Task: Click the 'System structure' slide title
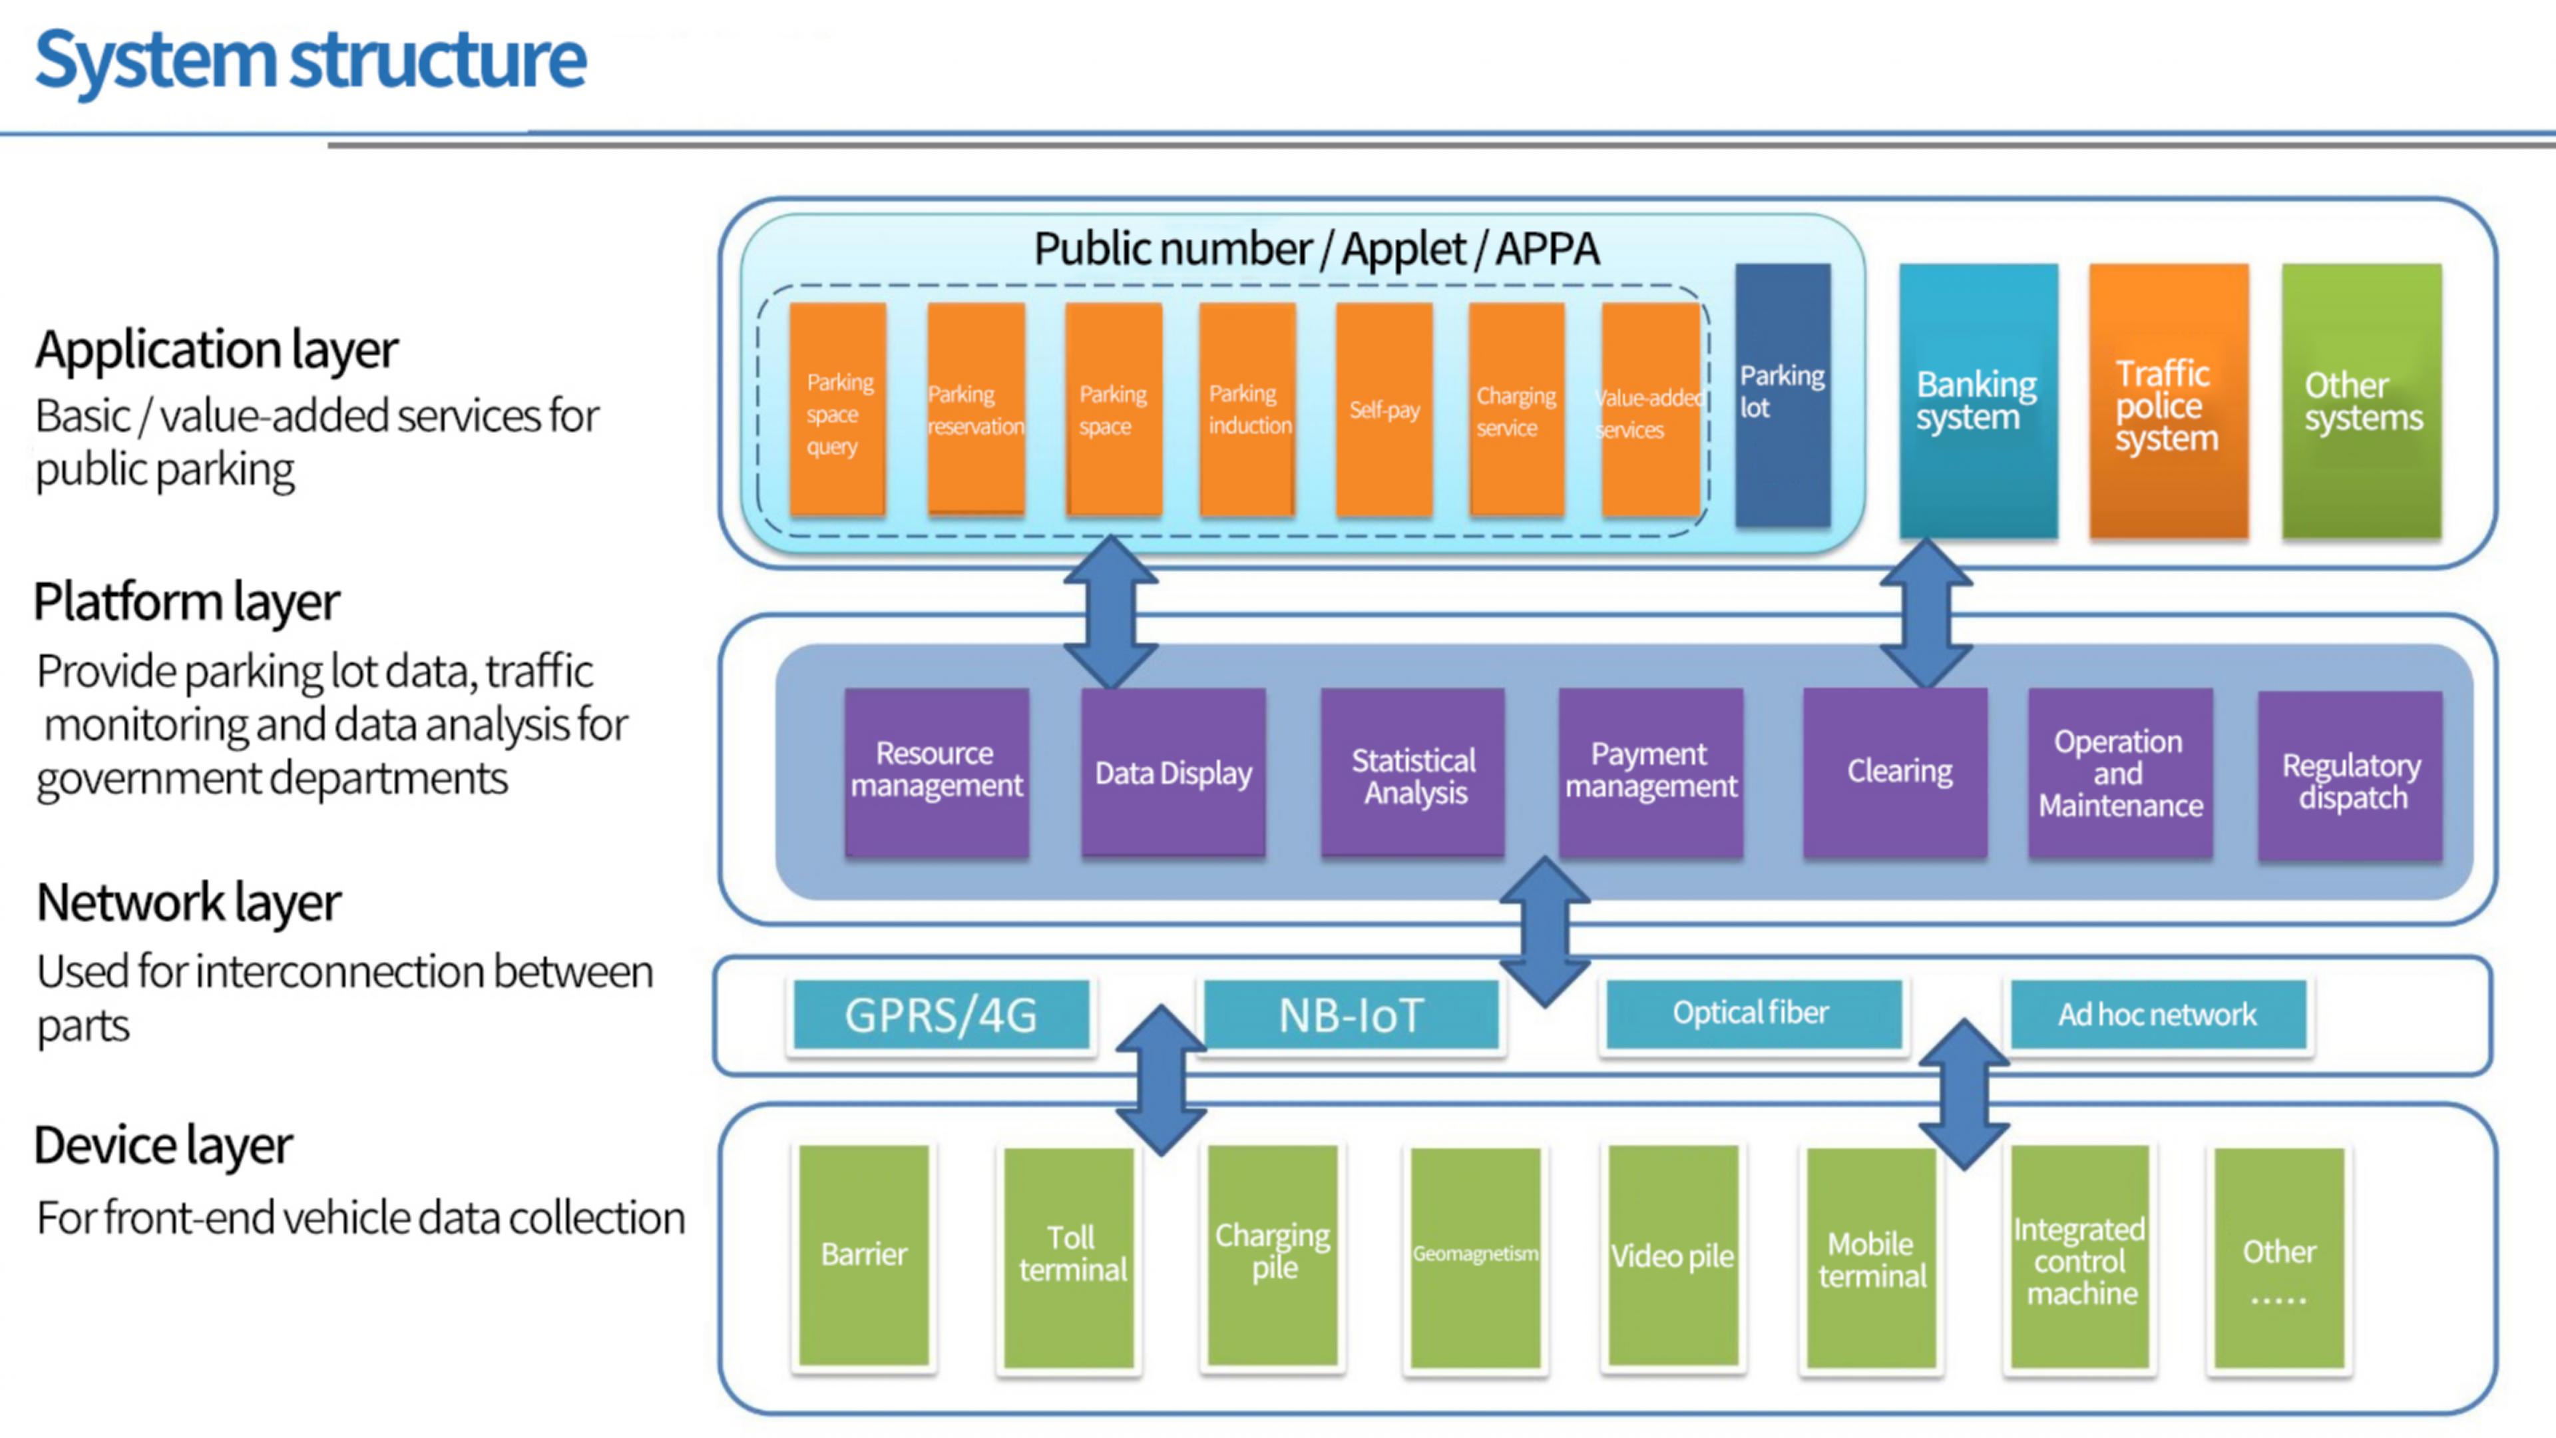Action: [311, 59]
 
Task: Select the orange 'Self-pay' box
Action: [1384, 409]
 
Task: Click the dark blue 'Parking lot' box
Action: [1782, 394]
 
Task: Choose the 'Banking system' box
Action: [1978, 400]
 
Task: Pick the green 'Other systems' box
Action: [2362, 401]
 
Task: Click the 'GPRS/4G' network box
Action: [941, 1014]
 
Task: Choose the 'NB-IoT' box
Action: [1351, 1014]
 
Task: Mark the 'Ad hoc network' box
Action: [2157, 1014]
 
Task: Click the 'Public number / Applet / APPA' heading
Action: [1317, 248]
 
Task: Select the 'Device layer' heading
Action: [164, 1145]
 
